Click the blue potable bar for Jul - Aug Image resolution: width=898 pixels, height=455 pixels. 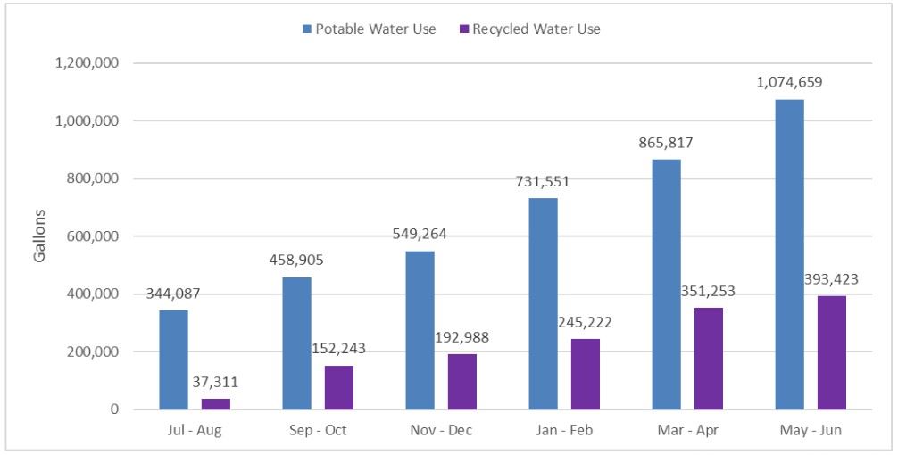coord(173,360)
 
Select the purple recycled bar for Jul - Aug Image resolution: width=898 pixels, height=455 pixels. coord(216,404)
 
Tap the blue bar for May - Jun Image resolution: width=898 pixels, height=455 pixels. coord(789,254)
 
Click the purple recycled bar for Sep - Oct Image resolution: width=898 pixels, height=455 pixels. coord(339,387)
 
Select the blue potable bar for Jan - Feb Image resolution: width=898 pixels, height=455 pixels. coord(543,303)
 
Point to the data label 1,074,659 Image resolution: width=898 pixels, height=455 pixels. coord(789,82)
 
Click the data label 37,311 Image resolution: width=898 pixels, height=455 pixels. coord(216,382)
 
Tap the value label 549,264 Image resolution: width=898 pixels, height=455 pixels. coord(420,234)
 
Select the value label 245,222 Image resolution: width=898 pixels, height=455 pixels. coord(586,322)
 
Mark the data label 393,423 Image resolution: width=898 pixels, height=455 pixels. coord(832,278)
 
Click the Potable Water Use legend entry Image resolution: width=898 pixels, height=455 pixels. coord(370,29)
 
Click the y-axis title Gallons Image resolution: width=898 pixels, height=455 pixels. coord(39,236)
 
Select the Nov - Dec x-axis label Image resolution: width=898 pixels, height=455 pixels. coord(441,430)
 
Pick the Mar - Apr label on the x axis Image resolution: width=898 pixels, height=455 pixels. coord(687,430)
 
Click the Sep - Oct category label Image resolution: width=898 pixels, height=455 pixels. coord(318,430)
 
